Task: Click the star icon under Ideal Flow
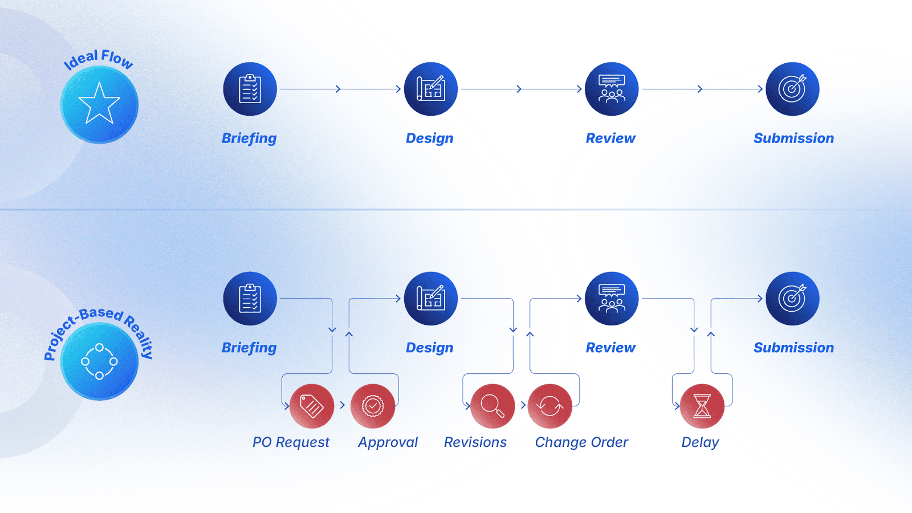coord(99,104)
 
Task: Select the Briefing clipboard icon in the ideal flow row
coord(250,89)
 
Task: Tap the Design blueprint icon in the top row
coord(430,89)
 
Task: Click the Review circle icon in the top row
coord(611,89)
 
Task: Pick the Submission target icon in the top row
coord(792,89)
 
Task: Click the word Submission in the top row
coord(793,138)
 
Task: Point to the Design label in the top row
coord(429,138)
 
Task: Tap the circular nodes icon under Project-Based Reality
coord(99,361)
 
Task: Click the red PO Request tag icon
coord(312,406)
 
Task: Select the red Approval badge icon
coord(373,406)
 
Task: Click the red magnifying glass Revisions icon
coord(492,406)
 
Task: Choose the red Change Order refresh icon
coord(549,406)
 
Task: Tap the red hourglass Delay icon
coord(702,406)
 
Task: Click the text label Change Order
coord(581,442)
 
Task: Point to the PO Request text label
coord(291,442)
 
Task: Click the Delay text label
coord(700,442)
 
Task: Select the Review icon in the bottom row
coord(611,298)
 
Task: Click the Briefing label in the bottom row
coord(249,348)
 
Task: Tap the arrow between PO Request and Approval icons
coord(341,405)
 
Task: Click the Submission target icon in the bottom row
coord(792,298)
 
